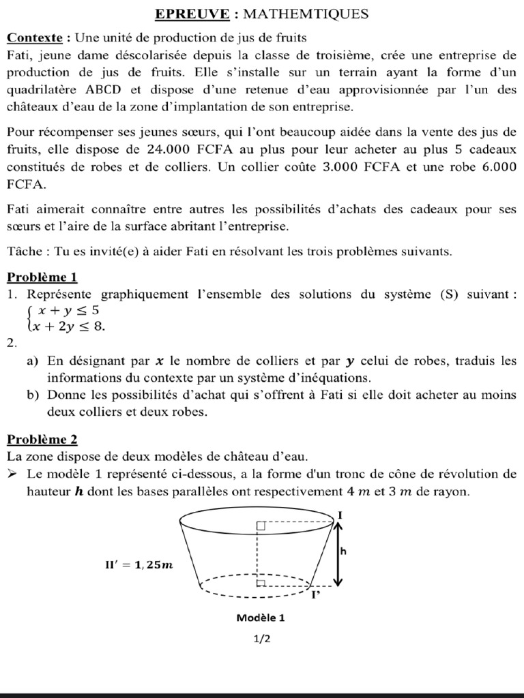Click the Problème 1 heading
tap(42, 277)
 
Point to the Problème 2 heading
tap(42, 439)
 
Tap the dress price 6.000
tap(496, 167)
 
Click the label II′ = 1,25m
tap(134, 564)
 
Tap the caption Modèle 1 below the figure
tap(260, 618)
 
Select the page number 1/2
tap(261, 639)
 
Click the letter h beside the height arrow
tap(343, 552)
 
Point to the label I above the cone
tap(340, 513)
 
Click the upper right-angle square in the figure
tap(261, 525)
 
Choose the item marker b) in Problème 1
tap(33, 395)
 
